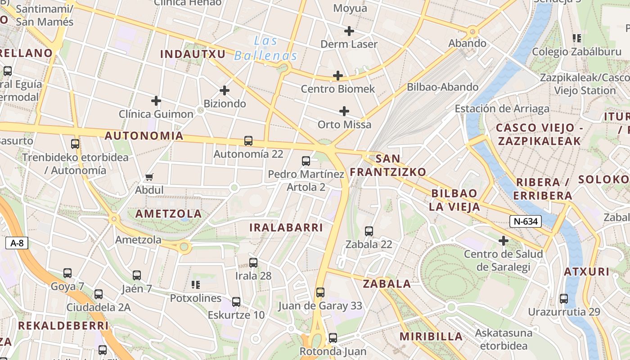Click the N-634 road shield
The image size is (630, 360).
(525, 221)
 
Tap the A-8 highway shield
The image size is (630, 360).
(17, 243)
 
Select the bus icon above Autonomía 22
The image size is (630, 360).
(248, 141)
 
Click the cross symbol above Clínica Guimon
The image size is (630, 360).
(156, 101)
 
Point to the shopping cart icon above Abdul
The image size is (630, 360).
(149, 177)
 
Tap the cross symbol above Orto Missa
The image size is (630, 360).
(344, 111)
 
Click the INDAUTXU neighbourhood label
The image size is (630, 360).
(193, 54)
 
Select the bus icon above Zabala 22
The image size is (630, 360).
(369, 231)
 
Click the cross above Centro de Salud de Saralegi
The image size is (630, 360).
(504, 241)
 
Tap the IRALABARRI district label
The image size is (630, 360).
(286, 228)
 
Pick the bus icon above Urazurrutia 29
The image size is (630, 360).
(564, 298)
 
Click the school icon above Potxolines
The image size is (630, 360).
(196, 284)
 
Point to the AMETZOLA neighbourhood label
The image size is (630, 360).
(169, 214)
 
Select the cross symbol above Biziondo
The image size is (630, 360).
(225, 90)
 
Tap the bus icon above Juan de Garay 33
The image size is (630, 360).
(320, 292)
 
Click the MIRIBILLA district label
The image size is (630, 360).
(431, 337)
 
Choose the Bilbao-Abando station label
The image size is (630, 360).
(443, 87)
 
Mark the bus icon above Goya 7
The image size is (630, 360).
(67, 273)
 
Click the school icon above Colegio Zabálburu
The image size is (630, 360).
(576, 38)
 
